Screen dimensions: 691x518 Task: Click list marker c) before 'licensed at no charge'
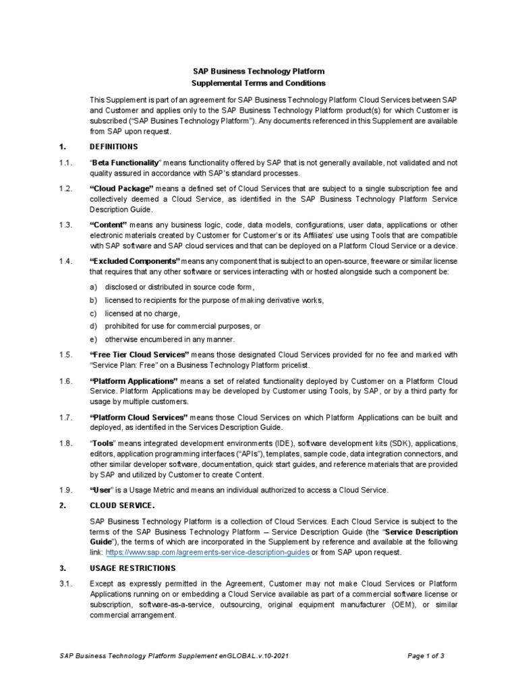94,313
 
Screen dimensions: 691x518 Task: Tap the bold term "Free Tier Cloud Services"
139,354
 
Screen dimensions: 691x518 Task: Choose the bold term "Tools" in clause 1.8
103,443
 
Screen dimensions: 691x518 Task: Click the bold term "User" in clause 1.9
100,490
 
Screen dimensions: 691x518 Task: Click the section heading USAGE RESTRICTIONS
132,568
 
